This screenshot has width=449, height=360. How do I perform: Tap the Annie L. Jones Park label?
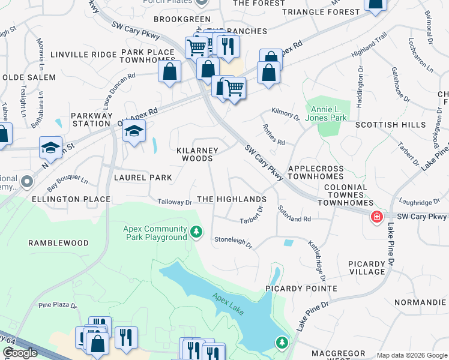pyautogui.click(x=329, y=113)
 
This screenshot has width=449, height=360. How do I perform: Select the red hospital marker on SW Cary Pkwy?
pyautogui.click(x=377, y=217)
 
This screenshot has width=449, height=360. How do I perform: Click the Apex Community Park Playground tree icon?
pyautogui.click(x=196, y=232)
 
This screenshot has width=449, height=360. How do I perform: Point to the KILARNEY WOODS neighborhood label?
pyautogui.click(x=197, y=154)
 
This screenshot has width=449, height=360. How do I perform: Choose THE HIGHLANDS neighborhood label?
pyautogui.click(x=231, y=199)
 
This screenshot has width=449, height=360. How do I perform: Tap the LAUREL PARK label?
pyautogui.click(x=143, y=178)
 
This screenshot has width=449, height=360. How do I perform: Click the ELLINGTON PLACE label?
pyautogui.click(x=71, y=199)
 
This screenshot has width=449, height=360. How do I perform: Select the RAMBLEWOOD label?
pyautogui.click(x=58, y=243)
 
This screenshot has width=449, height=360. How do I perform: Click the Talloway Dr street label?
pyautogui.click(x=174, y=202)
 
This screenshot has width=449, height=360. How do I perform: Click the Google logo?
pyautogui.click(x=20, y=353)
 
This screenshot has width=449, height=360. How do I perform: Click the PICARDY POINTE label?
pyautogui.click(x=301, y=289)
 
